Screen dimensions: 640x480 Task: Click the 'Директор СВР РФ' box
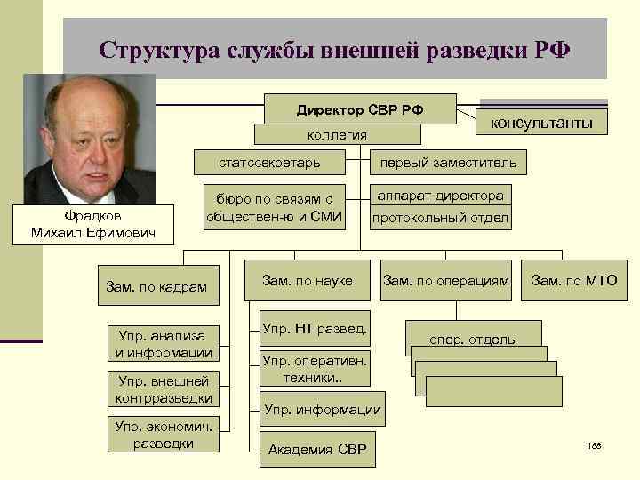(x=360, y=109)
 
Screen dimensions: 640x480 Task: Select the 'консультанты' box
(x=542, y=118)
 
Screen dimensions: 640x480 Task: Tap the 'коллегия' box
(x=337, y=134)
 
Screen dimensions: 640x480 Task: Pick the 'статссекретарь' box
(x=269, y=163)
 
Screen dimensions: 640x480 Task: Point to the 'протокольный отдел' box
(x=440, y=218)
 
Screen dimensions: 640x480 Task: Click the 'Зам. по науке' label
(x=307, y=281)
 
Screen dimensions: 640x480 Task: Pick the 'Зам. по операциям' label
(x=446, y=281)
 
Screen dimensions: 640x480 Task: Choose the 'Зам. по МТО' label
(x=574, y=281)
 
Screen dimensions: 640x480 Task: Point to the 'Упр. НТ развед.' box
(x=315, y=329)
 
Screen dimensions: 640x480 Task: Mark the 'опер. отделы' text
(x=473, y=339)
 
